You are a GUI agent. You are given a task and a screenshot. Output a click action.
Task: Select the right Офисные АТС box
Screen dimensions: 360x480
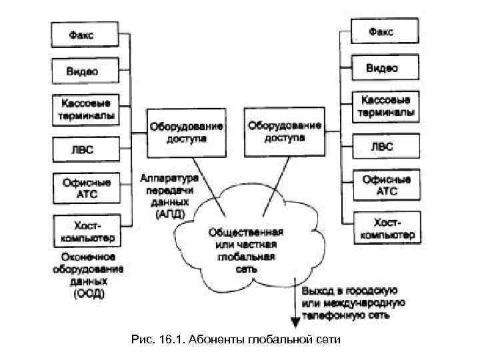coord(385,183)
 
